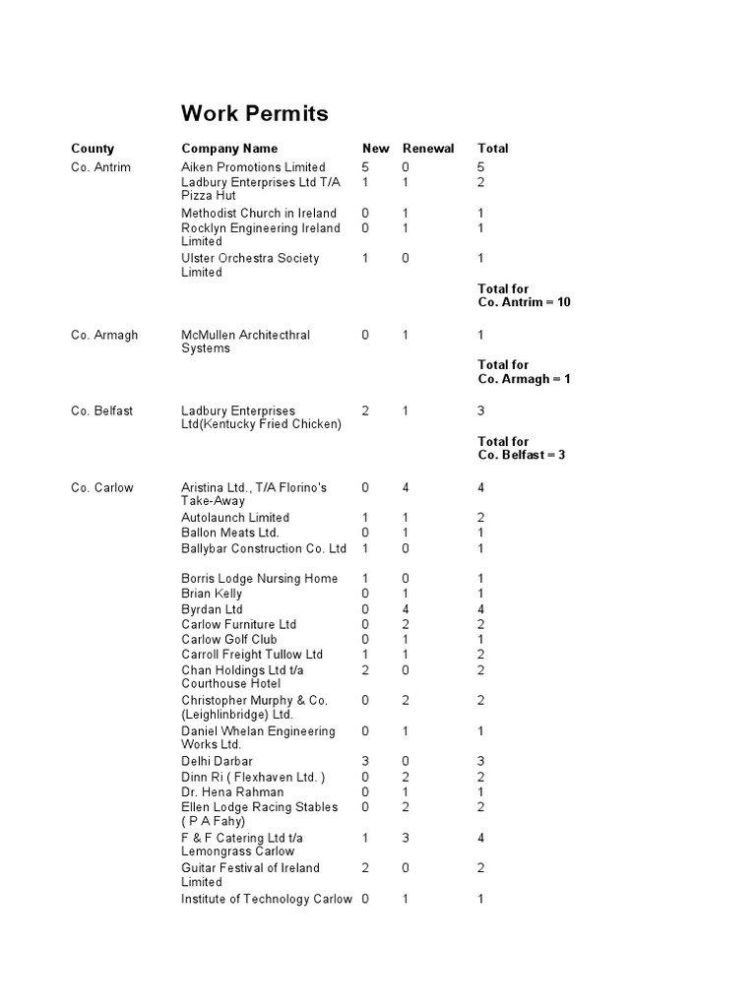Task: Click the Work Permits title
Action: pos(255,114)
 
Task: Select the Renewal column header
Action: pos(428,149)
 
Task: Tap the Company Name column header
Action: pos(229,149)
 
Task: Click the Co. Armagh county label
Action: pos(104,336)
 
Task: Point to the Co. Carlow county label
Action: pos(102,488)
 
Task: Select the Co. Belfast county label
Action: pos(101,411)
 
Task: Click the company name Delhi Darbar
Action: pos(217,762)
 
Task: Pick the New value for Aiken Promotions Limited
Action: pos(365,167)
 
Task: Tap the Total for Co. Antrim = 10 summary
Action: pos(524,296)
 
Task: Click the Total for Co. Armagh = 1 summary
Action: pos(524,372)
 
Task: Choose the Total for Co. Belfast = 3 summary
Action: pos(522,449)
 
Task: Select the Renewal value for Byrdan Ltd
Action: pos(405,610)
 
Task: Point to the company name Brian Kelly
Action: pos(212,595)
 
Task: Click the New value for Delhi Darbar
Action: pos(365,762)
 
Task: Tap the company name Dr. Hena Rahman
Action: pos(232,792)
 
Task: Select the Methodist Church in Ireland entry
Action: pos(259,214)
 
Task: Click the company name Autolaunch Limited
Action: pos(235,518)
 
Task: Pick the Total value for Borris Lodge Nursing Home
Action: pos(480,579)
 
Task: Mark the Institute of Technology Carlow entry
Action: pos(266,900)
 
